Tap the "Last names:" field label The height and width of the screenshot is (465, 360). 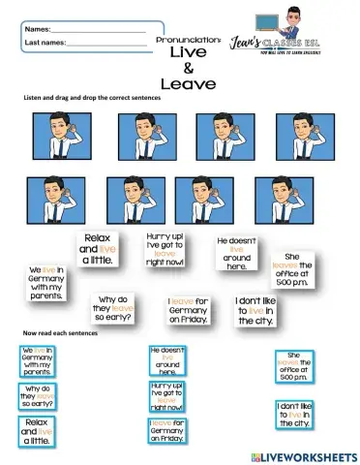(x=45, y=43)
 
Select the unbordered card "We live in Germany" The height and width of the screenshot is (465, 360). (x=45, y=280)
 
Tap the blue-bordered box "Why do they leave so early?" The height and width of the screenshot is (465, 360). (x=39, y=396)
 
